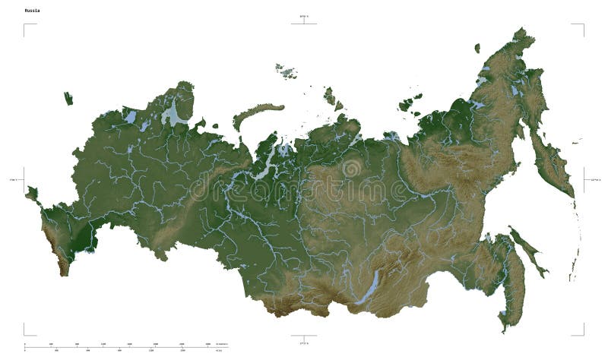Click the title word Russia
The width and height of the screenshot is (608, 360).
pos(33,11)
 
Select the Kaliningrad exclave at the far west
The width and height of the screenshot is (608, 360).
pos(68,98)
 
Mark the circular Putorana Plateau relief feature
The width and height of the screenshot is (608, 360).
pos(351,168)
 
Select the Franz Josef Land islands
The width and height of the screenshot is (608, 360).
pos(287,72)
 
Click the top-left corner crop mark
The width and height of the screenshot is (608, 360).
pos(25,25)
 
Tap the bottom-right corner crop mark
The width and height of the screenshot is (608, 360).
pos(583,333)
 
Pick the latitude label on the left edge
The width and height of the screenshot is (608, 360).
pos(13,180)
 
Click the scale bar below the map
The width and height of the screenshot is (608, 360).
pos(122,346)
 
